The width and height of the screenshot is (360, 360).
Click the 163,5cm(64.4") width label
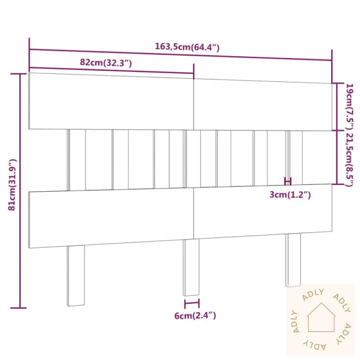click(x=187, y=47)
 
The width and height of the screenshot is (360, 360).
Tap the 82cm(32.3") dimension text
click(x=106, y=63)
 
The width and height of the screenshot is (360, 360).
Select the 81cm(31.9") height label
click(x=12, y=184)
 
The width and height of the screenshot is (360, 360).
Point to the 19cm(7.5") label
click(x=350, y=106)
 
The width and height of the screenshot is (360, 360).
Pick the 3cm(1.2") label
click(x=290, y=195)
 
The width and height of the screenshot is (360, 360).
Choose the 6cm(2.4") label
click(x=195, y=316)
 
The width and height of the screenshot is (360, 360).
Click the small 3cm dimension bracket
click(x=288, y=181)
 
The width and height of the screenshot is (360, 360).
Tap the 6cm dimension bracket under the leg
click(x=192, y=303)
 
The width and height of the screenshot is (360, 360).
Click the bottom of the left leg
click(x=76, y=305)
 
